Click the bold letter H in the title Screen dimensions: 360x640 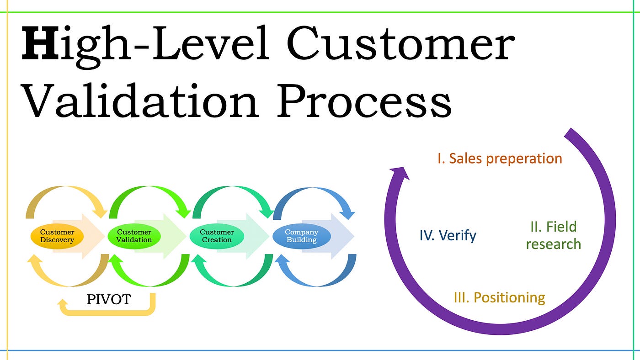pos(39,44)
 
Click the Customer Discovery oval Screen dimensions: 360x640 pos(58,236)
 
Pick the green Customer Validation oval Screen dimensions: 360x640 pos(134,236)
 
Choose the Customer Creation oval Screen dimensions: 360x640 pos(217,236)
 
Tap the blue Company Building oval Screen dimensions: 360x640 pos(301,236)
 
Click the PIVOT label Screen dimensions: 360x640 pos(109,300)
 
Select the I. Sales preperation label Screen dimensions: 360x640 pos(500,159)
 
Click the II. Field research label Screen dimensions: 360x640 pos(553,235)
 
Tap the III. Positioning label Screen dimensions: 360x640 pos(500,298)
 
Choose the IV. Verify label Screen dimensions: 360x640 pos(448,235)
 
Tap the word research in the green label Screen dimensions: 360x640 pos(553,244)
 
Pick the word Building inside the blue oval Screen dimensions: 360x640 pos(301,240)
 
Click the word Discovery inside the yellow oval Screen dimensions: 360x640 pos(58,240)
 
